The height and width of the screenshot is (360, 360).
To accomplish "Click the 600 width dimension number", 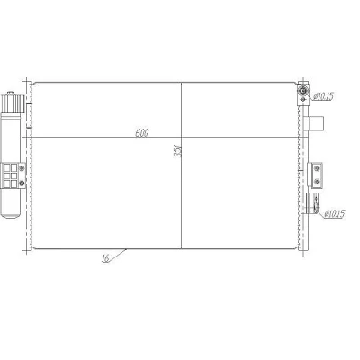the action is [x=142, y=132].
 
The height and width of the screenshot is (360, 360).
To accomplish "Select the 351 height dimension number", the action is [x=177, y=150].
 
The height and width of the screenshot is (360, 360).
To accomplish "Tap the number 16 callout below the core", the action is [x=105, y=258].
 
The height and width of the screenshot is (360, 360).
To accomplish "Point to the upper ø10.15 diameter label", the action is [x=323, y=96].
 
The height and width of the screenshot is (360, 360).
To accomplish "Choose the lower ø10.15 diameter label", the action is [x=335, y=214].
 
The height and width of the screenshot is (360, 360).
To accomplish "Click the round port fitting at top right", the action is [x=303, y=91].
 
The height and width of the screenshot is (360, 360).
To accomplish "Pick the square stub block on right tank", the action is [x=317, y=123].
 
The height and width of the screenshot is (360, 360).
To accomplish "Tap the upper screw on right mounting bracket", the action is [x=317, y=169].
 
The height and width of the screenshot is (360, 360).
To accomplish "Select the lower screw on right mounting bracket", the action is [x=317, y=181].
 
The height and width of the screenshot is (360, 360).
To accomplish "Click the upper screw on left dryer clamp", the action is [x=22, y=168].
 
